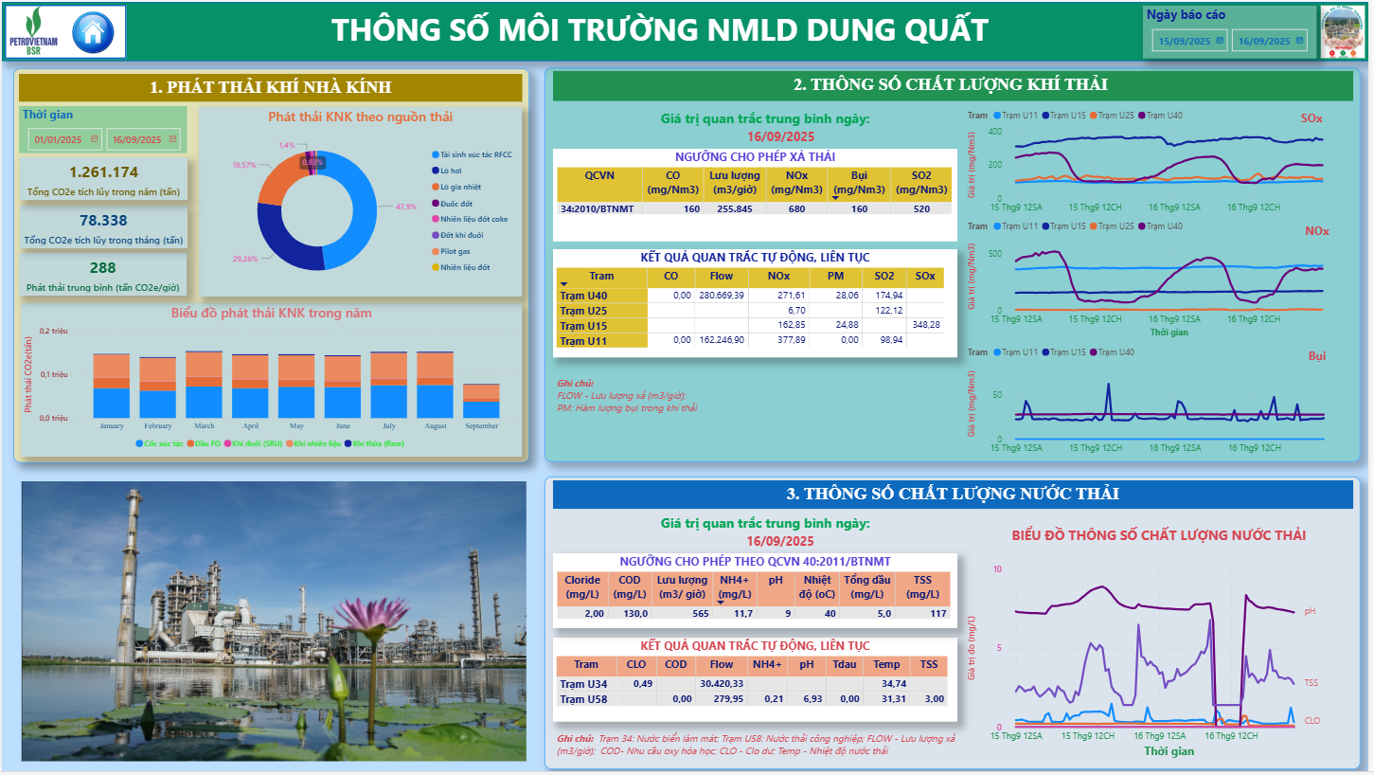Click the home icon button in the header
pos(93,32)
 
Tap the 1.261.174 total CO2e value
pos(104,171)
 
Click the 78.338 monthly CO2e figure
pos(103,220)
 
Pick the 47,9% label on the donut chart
pos(406,207)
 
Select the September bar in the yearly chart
pos(481,401)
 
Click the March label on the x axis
pos(204,426)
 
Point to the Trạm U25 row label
pos(583,311)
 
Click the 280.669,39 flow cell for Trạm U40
pos(722,296)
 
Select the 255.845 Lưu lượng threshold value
pos(735,207)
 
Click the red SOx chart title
pos(1312,118)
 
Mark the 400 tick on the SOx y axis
pos(995,131)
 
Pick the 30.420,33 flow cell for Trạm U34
pos(722,683)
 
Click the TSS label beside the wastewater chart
pos(1311,682)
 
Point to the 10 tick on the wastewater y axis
pos(998,568)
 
